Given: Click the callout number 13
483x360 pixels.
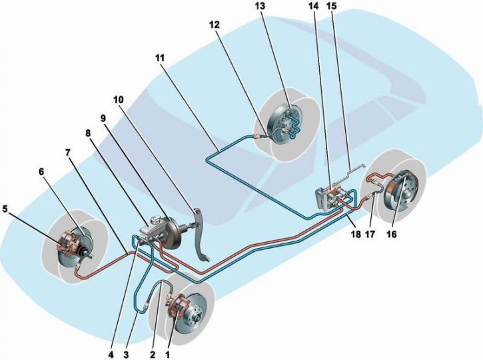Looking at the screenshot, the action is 260,7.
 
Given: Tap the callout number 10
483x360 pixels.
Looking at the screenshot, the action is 118,99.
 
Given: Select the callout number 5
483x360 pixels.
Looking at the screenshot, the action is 5,209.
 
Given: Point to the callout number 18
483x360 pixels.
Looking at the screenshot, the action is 356,234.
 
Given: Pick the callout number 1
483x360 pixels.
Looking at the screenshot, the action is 168,355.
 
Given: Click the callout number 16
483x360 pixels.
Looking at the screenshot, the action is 391,234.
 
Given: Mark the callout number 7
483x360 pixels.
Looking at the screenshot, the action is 68,152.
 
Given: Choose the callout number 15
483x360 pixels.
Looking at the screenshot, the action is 332,7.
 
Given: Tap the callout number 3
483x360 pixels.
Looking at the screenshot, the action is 126,355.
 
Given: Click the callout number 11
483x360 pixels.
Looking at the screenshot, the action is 160,57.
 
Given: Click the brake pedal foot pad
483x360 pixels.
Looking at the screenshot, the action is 202,257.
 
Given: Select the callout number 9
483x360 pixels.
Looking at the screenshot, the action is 103,118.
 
